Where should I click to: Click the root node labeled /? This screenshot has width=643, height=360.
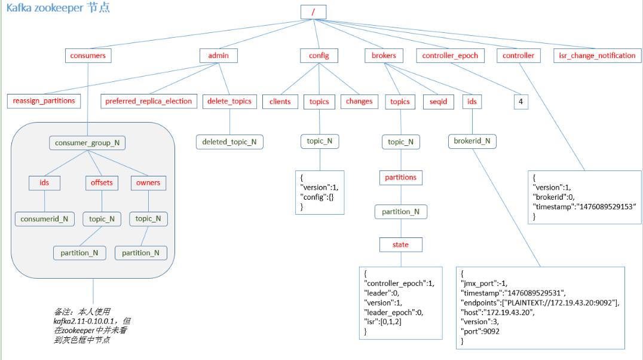(313, 12)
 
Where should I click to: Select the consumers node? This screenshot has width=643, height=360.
(88, 56)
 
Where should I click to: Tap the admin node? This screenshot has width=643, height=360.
(218, 56)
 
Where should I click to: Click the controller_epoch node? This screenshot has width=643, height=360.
(450, 56)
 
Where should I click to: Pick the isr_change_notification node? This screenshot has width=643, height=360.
(597, 56)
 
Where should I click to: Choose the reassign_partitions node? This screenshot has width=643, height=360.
(44, 101)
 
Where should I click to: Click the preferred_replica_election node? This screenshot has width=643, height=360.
(149, 101)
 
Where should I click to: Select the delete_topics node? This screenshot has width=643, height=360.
(229, 101)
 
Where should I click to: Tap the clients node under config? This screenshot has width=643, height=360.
(280, 101)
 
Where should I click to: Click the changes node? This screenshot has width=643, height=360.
(359, 101)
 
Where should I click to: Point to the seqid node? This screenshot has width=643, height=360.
(439, 101)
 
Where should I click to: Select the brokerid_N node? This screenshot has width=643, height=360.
(472, 141)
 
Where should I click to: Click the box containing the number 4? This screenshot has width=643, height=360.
(520, 101)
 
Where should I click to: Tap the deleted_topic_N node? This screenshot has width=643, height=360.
(229, 142)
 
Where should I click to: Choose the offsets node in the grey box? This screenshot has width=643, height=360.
(101, 182)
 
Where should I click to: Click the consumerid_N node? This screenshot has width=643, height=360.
(44, 219)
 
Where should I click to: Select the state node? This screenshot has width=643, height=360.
(400, 245)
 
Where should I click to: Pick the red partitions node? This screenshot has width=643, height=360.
(400, 178)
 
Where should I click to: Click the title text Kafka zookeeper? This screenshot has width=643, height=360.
(45, 8)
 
